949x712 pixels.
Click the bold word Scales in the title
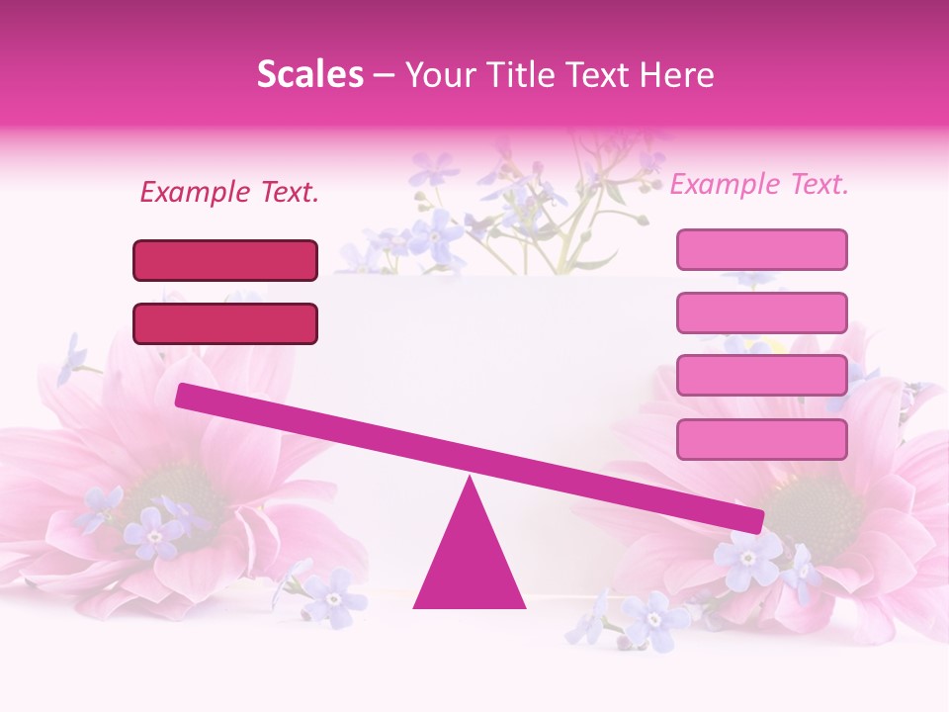(x=309, y=75)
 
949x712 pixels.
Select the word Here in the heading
(x=676, y=75)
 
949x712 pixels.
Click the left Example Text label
(x=229, y=192)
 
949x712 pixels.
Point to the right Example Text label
(x=759, y=184)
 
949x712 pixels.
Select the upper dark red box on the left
(x=225, y=260)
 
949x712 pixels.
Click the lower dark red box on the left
(x=225, y=323)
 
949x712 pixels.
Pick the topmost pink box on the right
(x=761, y=249)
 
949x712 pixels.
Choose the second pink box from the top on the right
(x=761, y=312)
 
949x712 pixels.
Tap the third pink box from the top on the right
(x=761, y=376)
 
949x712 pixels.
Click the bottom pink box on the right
(x=761, y=439)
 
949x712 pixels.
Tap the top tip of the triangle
(x=470, y=481)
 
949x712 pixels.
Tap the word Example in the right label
(x=724, y=184)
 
